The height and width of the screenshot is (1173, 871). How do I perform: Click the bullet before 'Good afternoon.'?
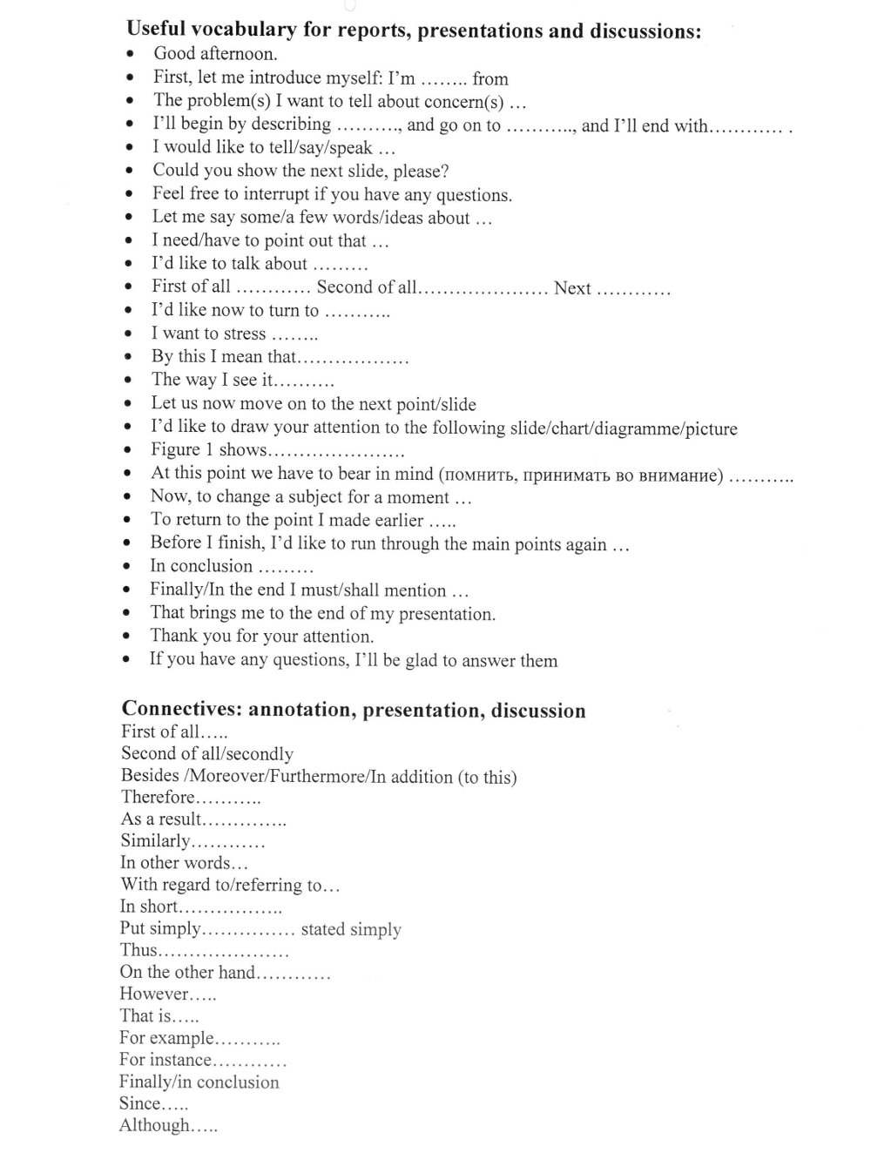coord(130,54)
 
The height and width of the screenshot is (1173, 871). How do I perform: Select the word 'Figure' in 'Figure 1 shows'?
coord(176,450)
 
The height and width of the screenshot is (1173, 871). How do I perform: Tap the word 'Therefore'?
coord(158,797)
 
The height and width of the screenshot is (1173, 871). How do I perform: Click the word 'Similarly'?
coord(155,841)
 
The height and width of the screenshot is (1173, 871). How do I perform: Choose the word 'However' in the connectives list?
coord(153,994)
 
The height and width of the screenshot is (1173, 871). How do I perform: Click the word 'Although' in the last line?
coord(154,1126)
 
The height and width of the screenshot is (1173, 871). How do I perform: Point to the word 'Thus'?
coord(139,950)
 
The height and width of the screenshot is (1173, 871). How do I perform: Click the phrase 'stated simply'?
coord(351,929)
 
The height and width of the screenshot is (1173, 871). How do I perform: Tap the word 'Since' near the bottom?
coord(140,1104)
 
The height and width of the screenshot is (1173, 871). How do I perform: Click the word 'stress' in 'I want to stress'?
coord(245,334)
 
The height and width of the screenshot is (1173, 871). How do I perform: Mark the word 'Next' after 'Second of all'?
coord(572,288)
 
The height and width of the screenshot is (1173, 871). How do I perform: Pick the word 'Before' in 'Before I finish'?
coord(176,543)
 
